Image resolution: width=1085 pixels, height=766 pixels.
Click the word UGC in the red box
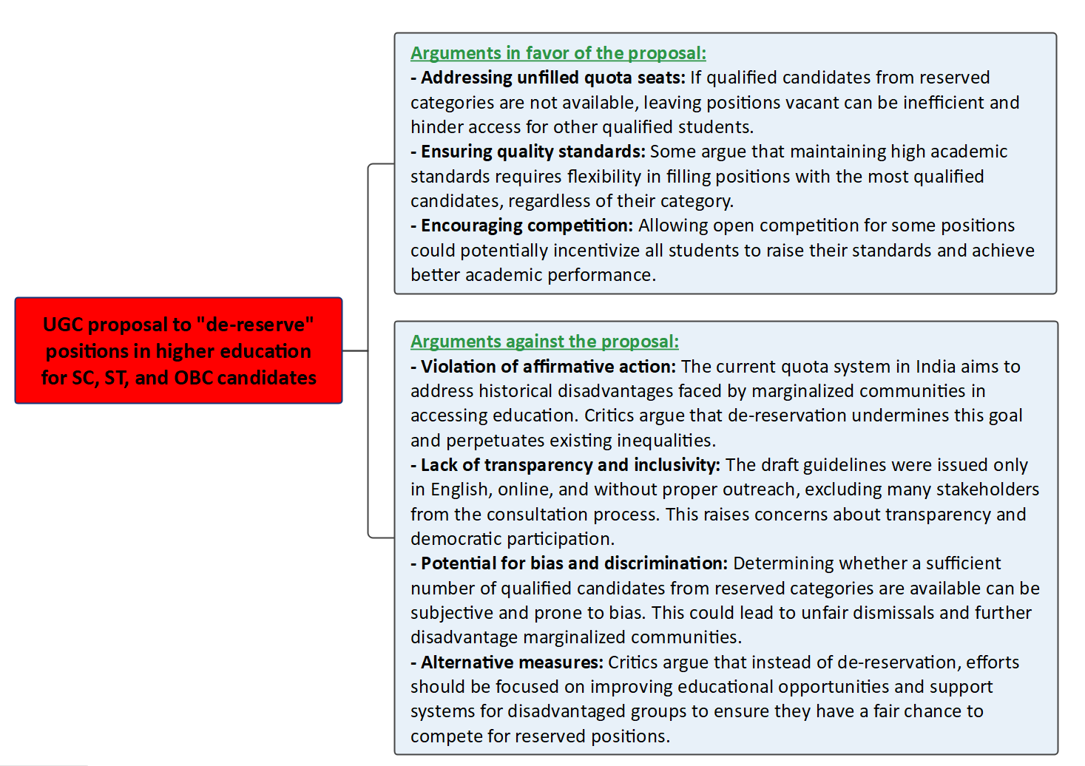(x=63, y=325)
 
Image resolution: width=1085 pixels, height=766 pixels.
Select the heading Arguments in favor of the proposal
(x=558, y=53)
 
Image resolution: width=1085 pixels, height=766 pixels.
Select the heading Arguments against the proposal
(x=544, y=342)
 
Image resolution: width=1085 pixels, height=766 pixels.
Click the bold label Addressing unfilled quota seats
(x=552, y=78)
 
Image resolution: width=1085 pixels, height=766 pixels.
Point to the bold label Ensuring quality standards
(x=533, y=152)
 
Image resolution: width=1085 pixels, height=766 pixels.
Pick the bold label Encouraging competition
(x=527, y=226)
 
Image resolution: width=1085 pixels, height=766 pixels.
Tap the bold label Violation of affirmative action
(x=548, y=367)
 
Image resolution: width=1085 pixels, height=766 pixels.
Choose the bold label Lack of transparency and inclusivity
(x=569, y=465)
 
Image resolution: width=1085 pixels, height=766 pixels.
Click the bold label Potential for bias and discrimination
(x=574, y=563)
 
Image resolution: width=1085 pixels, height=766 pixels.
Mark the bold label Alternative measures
(x=512, y=662)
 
